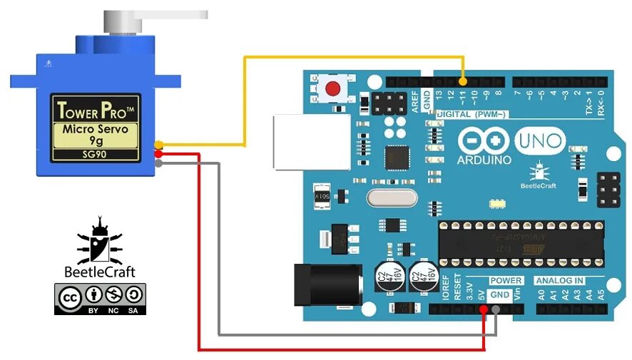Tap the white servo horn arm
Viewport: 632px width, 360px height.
tap(171, 15)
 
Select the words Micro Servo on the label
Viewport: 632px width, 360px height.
tap(95, 130)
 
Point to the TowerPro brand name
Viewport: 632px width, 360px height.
tap(95, 110)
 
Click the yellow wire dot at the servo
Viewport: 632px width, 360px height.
tap(158, 145)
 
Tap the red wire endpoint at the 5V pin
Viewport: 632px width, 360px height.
tap(484, 309)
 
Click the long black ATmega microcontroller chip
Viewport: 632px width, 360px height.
tap(521, 243)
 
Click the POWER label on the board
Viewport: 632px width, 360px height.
tap(506, 280)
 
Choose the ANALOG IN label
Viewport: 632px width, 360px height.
tap(559, 280)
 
